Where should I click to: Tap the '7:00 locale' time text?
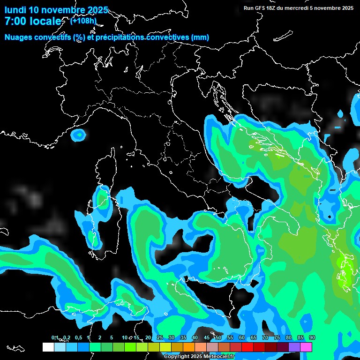pos(32,21)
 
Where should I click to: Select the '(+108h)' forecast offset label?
pos(83,21)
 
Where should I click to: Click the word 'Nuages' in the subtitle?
pos(18,37)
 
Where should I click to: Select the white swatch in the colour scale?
pos(48,347)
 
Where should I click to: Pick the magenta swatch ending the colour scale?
pos(306,347)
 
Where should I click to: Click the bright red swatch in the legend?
pos(247,347)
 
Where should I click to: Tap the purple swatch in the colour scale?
pos(294,347)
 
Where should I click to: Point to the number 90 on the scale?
pos(312,337)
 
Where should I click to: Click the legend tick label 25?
pos(159,337)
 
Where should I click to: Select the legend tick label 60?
pos(241,337)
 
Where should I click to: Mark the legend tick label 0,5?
pos(78,337)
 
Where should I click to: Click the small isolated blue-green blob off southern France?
pos(79,135)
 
